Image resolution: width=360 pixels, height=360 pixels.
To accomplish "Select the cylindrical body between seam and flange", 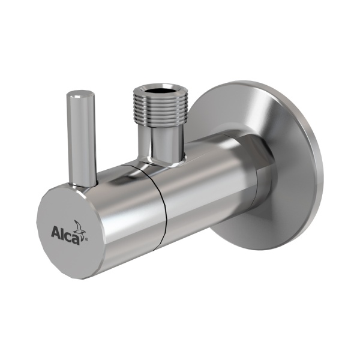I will (204, 192).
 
